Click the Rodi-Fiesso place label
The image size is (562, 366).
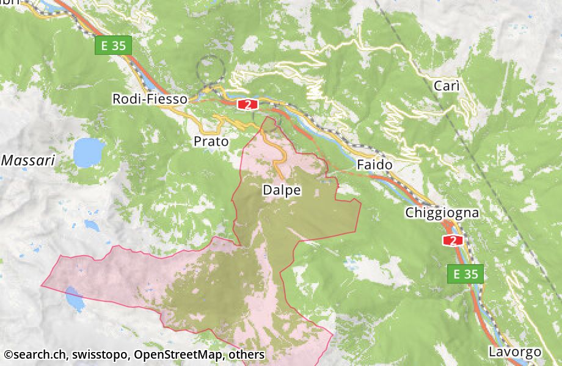150,99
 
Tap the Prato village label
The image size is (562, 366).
211,142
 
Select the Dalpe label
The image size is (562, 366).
282,190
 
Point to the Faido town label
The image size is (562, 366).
374,165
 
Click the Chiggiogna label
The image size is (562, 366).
442,213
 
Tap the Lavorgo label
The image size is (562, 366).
514,352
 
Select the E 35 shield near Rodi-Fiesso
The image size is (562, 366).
114,45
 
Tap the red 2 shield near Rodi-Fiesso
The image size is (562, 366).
247,104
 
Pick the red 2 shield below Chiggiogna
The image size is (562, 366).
453,240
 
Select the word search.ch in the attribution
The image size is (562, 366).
41,354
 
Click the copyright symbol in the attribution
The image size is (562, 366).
7,354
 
